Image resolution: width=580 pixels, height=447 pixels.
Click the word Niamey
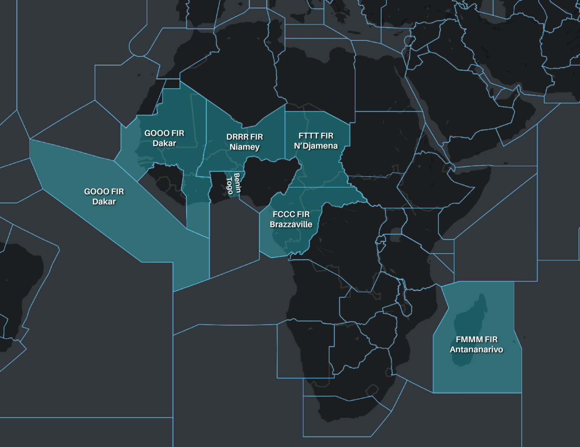(244, 147)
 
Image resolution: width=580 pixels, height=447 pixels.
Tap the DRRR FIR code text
(244, 137)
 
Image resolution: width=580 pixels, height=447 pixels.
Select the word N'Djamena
(316, 146)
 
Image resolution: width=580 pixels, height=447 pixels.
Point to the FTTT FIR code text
(316, 136)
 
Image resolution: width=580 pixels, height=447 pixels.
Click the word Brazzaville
(291, 224)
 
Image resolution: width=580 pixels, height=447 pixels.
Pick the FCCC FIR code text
(291, 214)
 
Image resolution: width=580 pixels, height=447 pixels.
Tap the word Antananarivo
(476, 350)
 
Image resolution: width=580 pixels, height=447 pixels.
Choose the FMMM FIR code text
(476, 339)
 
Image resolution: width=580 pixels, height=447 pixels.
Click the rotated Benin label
(237, 183)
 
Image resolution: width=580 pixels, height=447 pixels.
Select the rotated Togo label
(229, 186)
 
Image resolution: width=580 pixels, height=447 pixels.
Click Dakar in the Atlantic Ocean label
(104, 202)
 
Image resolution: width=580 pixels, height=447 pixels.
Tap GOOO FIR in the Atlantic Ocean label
(104, 192)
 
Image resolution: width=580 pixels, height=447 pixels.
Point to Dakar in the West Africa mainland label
(164, 144)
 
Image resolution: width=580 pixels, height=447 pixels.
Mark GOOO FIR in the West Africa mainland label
(164, 133)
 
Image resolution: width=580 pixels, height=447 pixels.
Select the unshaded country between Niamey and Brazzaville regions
(270, 178)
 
